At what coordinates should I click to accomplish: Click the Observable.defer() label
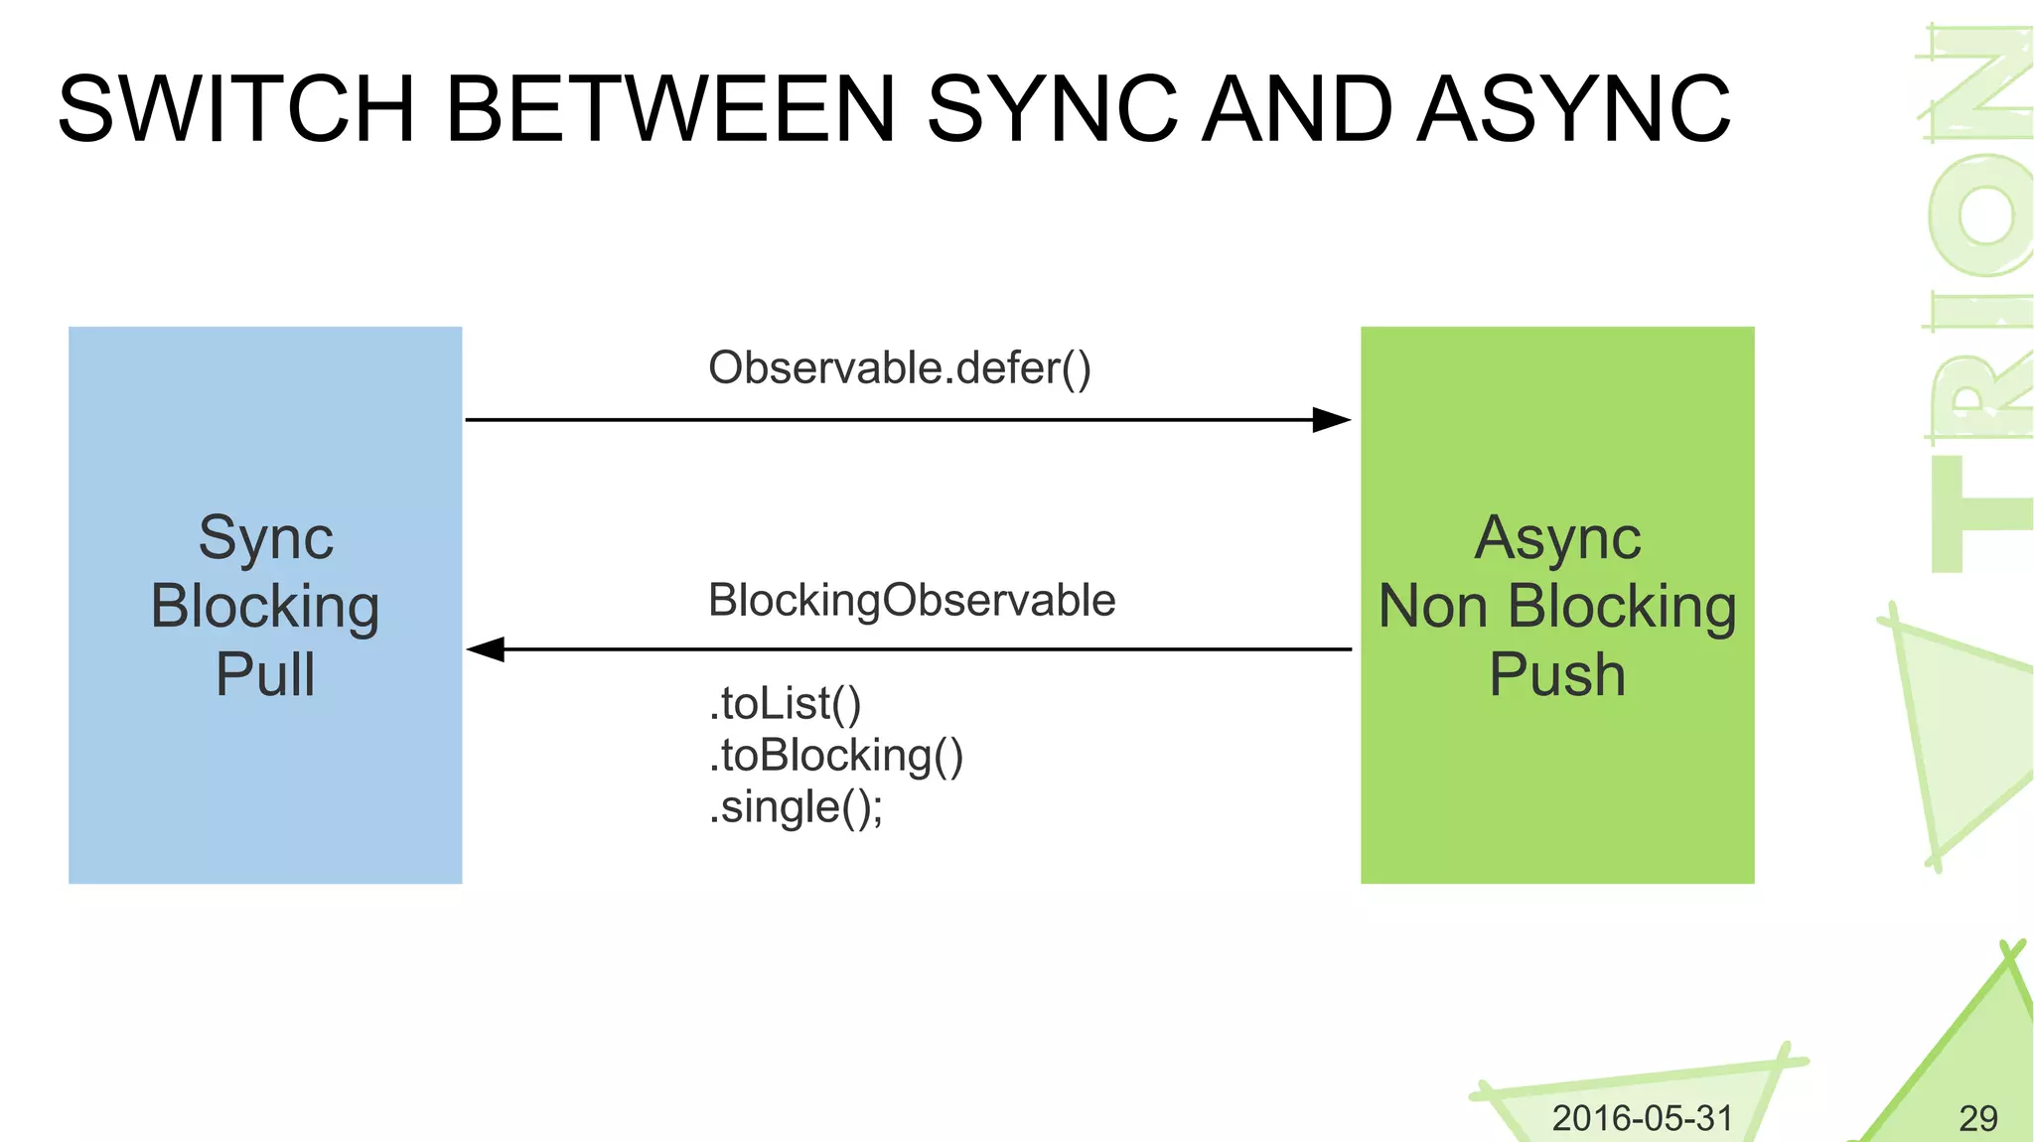pos(899,368)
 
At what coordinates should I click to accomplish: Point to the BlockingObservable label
pos(912,601)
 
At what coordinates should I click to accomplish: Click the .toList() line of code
pos(785,704)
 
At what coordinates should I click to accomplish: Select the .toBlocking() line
pos(835,756)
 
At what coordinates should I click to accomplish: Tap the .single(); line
pos(796,807)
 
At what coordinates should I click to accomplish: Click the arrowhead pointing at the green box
pos(1331,420)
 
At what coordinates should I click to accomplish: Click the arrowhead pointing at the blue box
pos(487,649)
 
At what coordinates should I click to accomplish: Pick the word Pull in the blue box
pos(265,675)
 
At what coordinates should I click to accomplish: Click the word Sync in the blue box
pos(265,538)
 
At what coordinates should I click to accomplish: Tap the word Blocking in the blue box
pos(265,607)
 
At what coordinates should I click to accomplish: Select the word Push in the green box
pos(1556,675)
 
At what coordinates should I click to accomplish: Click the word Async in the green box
pos(1556,538)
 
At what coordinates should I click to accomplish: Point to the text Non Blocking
pos(1556,607)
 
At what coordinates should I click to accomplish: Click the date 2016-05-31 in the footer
pos(1642,1118)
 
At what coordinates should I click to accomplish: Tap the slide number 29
pos(1977,1118)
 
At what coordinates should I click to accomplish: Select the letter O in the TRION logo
pos(1981,214)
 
